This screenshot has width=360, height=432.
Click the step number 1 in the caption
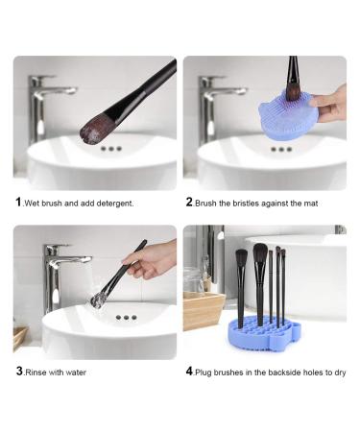pos(17,203)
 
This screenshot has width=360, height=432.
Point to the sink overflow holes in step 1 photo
pos(111,149)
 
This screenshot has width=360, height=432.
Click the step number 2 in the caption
pos(188,203)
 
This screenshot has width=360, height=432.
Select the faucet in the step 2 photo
pos(216,101)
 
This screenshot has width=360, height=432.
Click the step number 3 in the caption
pos(17,371)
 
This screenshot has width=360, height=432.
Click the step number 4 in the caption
pos(189,371)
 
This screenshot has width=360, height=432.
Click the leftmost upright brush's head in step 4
pos(241,259)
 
